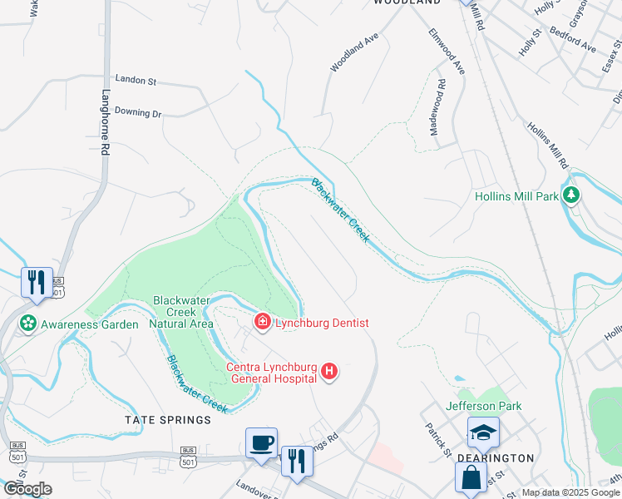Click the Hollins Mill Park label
click(x=516, y=197)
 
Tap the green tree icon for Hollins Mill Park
click(x=570, y=195)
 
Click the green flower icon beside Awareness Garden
click(x=29, y=323)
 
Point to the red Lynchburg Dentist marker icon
click(x=262, y=322)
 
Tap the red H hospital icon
click(x=330, y=371)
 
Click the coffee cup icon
click(x=262, y=442)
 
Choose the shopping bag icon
click(x=471, y=477)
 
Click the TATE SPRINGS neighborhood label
click(x=168, y=420)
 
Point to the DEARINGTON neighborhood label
click(x=496, y=458)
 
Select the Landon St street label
click(x=136, y=81)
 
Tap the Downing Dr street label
click(x=137, y=112)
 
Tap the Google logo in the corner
click(x=27, y=489)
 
